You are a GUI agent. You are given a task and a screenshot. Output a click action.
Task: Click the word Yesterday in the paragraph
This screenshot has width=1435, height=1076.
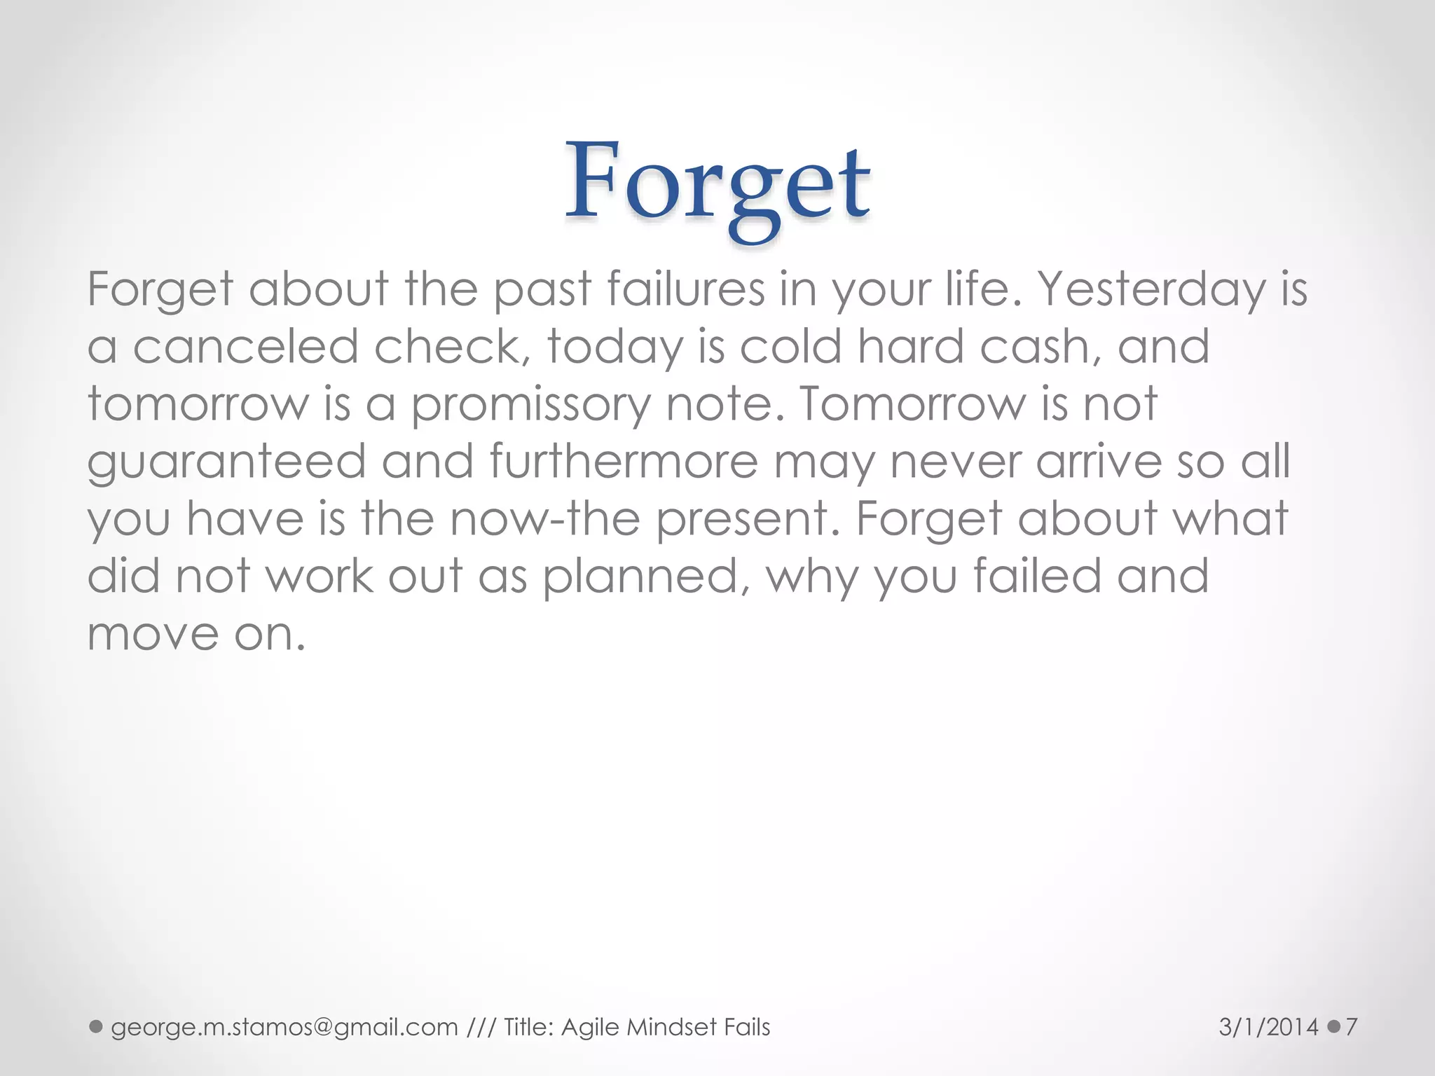pos(1151,289)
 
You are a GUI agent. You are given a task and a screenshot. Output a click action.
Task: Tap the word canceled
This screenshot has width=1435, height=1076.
pos(245,347)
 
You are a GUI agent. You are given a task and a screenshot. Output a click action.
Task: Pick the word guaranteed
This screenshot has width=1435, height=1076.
pos(226,463)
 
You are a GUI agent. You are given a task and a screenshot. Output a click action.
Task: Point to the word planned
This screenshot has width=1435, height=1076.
pos(640,578)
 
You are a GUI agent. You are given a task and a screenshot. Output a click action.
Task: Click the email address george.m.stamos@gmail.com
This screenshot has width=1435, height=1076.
pos(284,1028)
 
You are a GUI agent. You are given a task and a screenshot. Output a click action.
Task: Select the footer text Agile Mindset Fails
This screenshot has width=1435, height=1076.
pos(666,1028)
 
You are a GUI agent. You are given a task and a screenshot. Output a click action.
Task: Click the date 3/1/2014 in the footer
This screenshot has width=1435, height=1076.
pos(1268,1028)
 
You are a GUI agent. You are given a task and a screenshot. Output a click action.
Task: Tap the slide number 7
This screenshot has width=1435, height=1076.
pos(1352,1028)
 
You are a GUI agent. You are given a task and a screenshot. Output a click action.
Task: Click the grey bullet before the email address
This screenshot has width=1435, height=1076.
pos(96,1027)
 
